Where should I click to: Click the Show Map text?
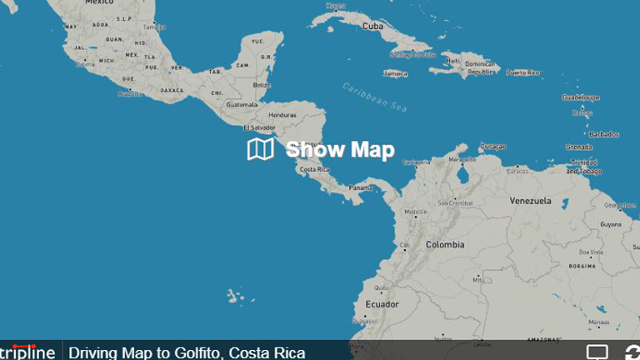point(340,149)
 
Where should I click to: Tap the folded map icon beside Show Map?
point(260,149)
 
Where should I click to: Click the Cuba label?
point(372,26)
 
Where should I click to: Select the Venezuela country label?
point(531,201)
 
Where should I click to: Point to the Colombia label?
point(445,245)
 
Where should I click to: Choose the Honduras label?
point(282,115)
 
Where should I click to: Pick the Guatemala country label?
point(242,105)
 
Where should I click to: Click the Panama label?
point(361,187)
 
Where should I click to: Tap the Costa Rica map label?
point(314,169)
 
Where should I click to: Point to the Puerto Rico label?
point(523,72)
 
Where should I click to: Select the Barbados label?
point(604,134)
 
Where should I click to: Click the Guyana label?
point(611,224)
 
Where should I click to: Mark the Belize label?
point(262,85)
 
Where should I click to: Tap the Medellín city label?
point(416,212)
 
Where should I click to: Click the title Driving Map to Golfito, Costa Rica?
point(187,352)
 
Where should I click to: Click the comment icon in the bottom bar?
point(597,352)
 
